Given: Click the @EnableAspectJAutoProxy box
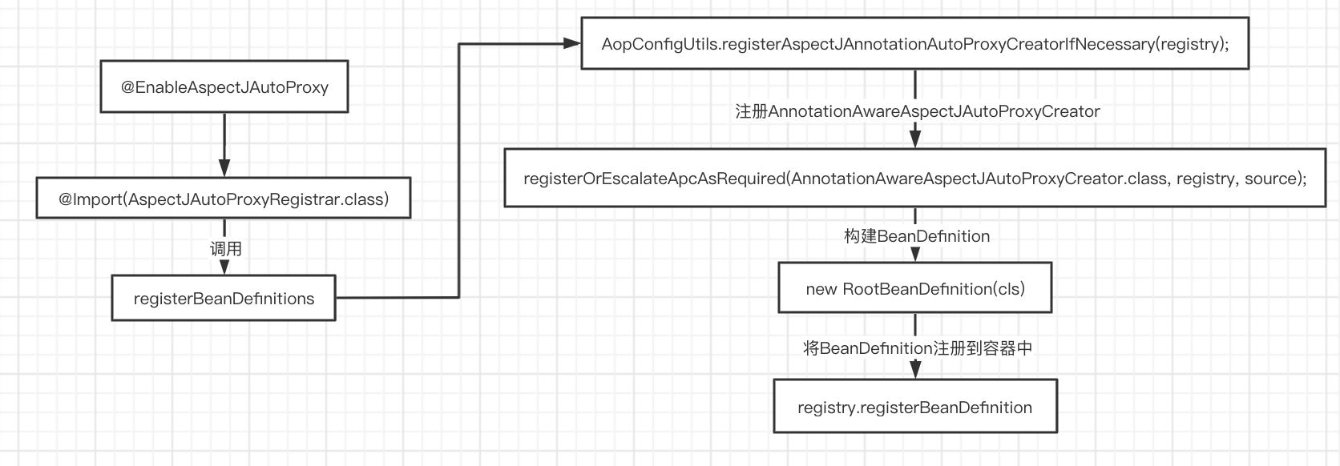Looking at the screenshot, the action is (224, 86).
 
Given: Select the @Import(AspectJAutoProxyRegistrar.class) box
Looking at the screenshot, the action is (224, 198).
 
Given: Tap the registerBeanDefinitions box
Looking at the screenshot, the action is (224, 298).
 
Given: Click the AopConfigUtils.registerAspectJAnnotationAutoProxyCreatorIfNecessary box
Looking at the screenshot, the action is (914, 43).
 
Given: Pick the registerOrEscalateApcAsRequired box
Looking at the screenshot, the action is (914, 178).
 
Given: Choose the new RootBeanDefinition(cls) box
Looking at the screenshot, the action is (914, 287).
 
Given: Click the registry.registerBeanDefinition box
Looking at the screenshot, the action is (914, 406).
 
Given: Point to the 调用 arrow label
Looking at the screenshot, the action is (225, 248).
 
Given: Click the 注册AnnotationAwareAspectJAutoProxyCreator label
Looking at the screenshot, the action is (917, 111).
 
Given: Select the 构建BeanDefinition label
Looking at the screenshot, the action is (917, 236).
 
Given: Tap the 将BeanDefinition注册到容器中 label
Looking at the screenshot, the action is (917, 347).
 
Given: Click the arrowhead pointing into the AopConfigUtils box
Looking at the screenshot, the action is (572, 43).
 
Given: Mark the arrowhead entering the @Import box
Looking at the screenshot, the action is (224, 168).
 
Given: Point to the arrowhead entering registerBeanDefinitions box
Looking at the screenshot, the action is (224, 267).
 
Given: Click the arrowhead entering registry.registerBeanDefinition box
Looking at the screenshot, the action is (915, 371).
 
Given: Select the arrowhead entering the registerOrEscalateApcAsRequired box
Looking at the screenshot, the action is (915, 139).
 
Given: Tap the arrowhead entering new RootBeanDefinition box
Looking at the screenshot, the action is (915, 254).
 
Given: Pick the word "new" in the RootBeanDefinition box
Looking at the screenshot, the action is (821, 289).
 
